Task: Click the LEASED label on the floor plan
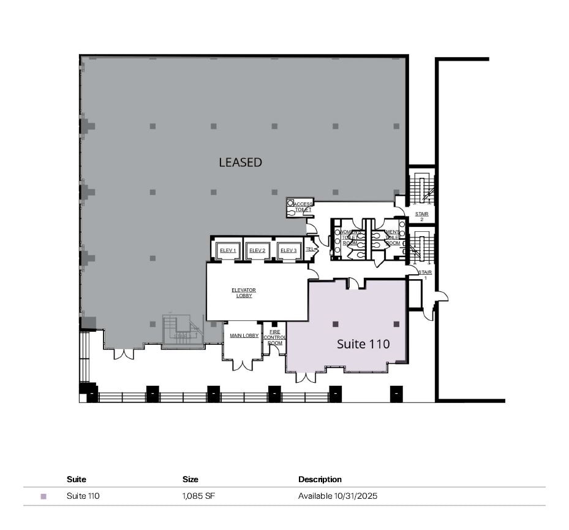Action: (x=240, y=163)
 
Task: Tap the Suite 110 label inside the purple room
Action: (x=363, y=344)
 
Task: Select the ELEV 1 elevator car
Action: (x=228, y=250)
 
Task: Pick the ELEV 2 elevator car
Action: (x=257, y=250)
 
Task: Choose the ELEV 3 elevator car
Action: (x=287, y=250)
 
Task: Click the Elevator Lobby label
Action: (x=243, y=293)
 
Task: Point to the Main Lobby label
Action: (x=244, y=336)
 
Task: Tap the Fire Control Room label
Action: (x=275, y=337)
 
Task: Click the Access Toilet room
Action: (x=300, y=207)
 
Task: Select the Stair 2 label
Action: (x=421, y=217)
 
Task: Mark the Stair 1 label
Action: (x=424, y=274)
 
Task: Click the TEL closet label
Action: (x=310, y=249)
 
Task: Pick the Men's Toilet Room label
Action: (x=392, y=237)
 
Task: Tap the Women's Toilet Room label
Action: (x=349, y=237)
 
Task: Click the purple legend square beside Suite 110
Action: (x=43, y=496)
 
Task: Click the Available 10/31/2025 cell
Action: (x=337, y=496)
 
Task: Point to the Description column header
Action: (x=320, y=479)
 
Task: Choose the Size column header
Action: (x=190, y=479)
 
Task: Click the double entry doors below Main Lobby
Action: (x=243, y=364)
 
